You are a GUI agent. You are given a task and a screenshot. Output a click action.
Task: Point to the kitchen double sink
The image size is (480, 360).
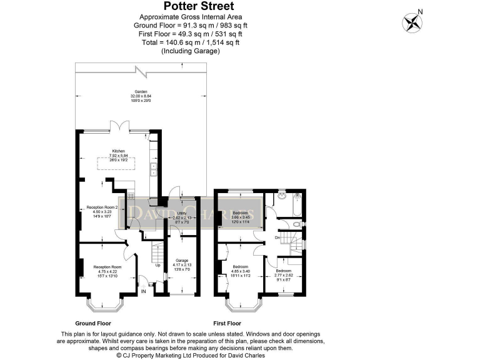click(153, 168)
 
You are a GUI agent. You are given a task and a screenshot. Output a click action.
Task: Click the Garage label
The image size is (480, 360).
click(182, 263)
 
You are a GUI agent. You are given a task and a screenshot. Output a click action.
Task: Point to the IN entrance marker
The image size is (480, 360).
click(143, 291)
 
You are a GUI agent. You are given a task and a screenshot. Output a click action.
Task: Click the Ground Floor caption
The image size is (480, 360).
click(93, 324)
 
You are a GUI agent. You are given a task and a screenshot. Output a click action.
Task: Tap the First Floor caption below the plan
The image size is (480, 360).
click(227, 324)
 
